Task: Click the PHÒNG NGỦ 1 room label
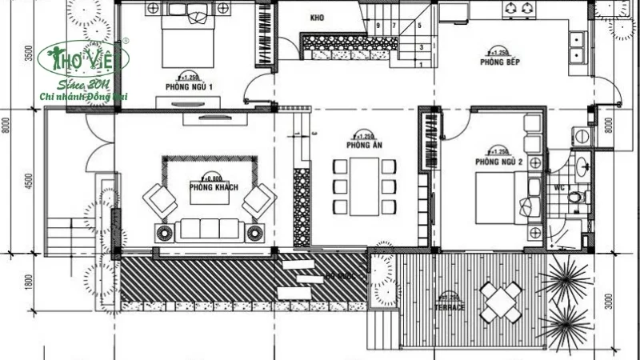[189, 87]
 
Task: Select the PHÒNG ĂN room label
[362, 146]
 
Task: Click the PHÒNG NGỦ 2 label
[498, 162]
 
